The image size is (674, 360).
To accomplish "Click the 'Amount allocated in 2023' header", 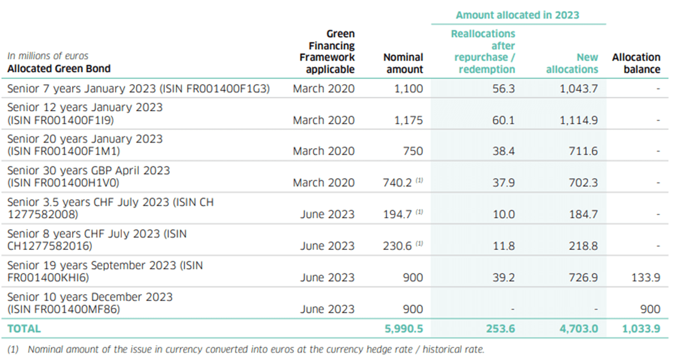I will click(518, 15).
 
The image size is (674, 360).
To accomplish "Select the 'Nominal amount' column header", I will click(403, 63).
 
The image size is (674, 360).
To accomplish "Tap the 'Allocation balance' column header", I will click(636, 63).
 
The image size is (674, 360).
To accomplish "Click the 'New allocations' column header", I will click(572, 63).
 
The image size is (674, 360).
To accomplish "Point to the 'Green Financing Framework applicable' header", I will click(327, 51).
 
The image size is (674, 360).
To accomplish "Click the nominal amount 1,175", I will click(410, 120).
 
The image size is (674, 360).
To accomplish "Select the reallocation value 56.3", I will click(503, 88).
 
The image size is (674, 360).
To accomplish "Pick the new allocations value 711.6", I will click(583, 152).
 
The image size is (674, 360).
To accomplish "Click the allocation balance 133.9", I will click(645, 278).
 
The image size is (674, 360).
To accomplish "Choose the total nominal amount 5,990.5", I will click(403, 328).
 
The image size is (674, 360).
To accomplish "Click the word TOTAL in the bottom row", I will click(24, 328).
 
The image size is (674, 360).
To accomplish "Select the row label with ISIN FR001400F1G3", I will click(138, 88).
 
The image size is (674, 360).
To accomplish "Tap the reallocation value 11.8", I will click(503, 246).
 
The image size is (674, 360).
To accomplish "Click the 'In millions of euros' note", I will click(48, 56).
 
